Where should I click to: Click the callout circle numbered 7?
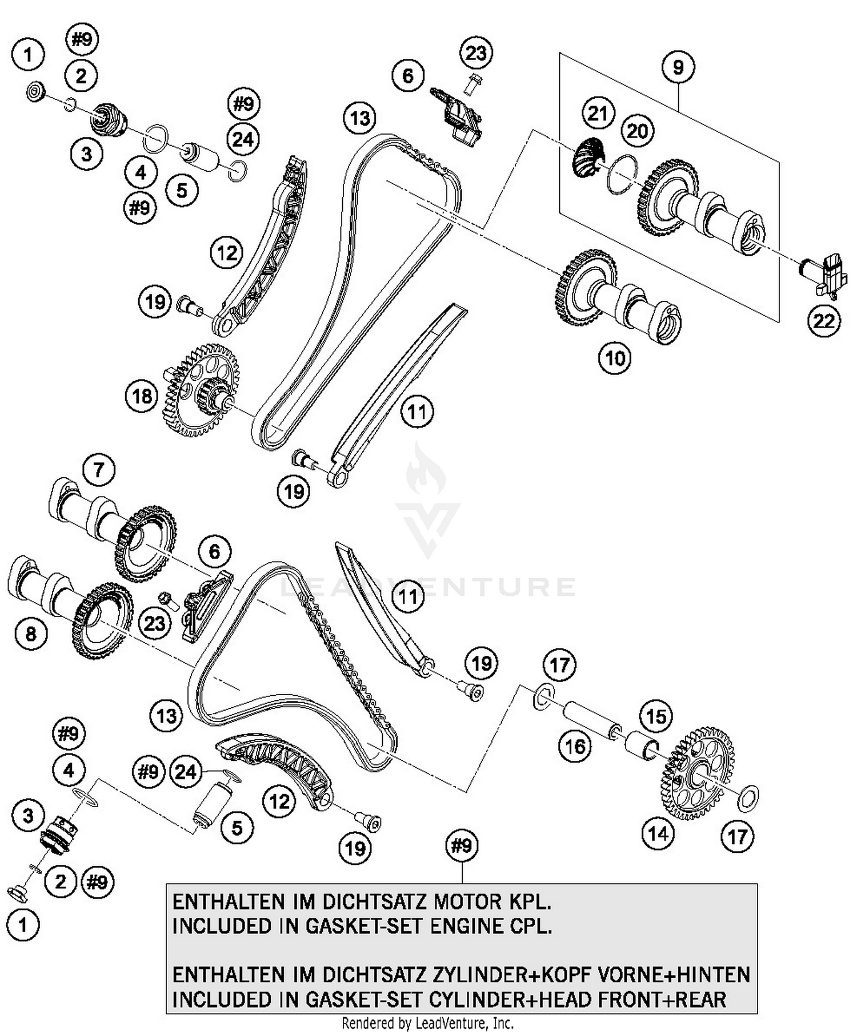tap(99, 470)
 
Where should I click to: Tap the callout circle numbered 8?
tap(31, 633)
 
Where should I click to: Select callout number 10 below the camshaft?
tap(615, 358)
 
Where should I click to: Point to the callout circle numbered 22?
tap(824, 321)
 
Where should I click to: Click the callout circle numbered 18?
tap(142, 396)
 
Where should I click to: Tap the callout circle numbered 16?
tap(575, 745)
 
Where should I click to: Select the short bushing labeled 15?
tap(643, 746)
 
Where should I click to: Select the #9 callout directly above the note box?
tap(462, 845)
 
